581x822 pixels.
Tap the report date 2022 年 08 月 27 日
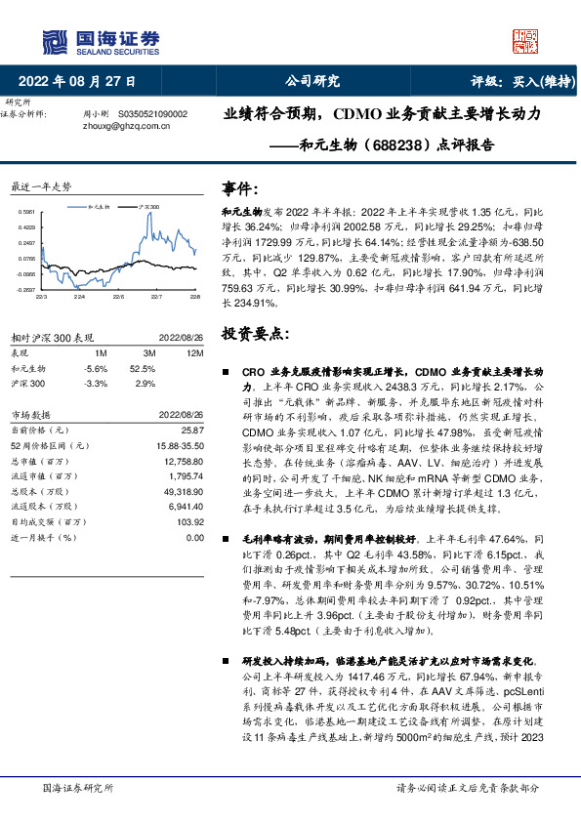[77, 82]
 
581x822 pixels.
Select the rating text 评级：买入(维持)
[523, 82]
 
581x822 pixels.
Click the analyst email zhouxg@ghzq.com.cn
[122, 125]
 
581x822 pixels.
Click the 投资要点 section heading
[256, 334]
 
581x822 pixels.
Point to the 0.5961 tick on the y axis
[27, 212]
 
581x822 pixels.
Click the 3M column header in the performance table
[148, 352]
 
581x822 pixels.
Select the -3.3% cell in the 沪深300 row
[96, 384]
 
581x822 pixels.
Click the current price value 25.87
[192, 430]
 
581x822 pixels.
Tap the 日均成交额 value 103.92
[189, 522]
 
